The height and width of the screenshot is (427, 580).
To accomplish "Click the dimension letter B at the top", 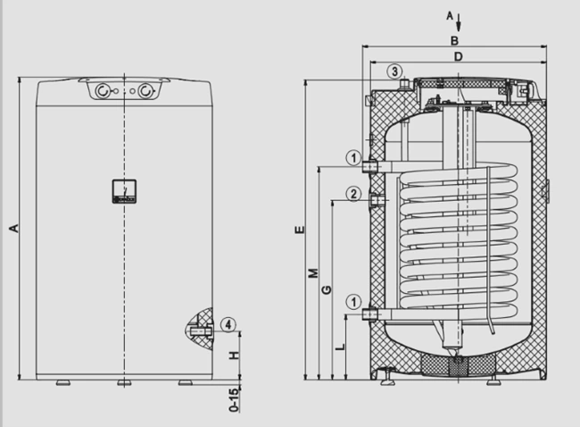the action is (x=454, y=40).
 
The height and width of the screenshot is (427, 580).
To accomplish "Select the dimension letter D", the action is (x=459, y=56).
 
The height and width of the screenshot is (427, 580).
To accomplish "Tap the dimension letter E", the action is (x=300, y=230).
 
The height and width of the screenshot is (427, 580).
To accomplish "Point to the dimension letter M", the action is (x=313, y=273).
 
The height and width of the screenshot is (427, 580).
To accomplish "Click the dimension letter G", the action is (x=327, y=289).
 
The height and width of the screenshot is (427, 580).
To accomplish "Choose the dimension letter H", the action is (x=235, y=356).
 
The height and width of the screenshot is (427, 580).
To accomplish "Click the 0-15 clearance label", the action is (x=234, y=400).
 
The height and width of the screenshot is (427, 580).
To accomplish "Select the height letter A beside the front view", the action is (x=13, y=228).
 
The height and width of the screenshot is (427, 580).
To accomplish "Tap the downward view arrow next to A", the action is (x=459, y=22).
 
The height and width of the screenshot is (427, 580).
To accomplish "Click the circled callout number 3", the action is (x=394, y=71).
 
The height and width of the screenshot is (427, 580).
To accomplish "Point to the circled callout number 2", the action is (x=353, y=194).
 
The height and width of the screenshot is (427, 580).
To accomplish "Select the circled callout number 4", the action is (x=228, y=325).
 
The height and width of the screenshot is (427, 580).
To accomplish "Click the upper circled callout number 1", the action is (x=353, y=158).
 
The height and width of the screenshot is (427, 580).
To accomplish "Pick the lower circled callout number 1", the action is (x=353, y=302).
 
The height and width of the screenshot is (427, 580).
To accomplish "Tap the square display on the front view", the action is (x=124, y=191).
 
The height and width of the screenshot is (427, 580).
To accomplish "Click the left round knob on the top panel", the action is (x=103, y=91).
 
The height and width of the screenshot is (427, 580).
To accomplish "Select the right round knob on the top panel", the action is (x=146, y=91).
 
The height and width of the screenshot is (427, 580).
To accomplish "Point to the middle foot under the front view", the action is (x=124, y=383).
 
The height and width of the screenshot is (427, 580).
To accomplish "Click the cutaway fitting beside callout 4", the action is (x=201, y=331).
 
